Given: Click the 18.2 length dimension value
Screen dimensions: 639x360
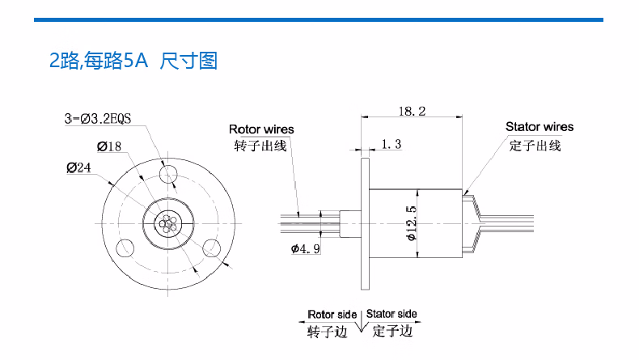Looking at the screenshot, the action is (x=412, y=111).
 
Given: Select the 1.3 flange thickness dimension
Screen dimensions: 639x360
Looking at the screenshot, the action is (x=391, y=144).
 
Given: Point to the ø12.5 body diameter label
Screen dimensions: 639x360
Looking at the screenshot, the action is (x=412, y=223).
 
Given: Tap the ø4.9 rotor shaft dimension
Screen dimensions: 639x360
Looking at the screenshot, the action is (x=305, y=248).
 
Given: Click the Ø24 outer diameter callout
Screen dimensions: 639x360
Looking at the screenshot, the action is (x=78, y=167).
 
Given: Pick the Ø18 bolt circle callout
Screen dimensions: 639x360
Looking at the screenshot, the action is (x=109, y=146).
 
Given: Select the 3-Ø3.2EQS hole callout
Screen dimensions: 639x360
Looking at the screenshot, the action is (x=98, y=119).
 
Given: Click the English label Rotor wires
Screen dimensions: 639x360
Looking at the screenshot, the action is (x=261, y=129).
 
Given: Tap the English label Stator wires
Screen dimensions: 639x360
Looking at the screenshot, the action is (x=540, y=127).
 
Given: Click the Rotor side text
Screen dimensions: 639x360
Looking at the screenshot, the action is (x=332, y=315).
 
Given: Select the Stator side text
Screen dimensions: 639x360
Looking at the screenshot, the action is (x=391, y=314).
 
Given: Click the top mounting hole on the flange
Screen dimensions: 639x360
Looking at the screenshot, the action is (x=168, y=175).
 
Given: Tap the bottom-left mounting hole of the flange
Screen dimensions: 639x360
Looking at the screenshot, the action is (x=125, y=248).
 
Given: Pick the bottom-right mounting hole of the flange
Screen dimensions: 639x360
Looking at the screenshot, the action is (x=211, y=248).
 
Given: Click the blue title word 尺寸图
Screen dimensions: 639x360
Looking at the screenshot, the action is (x=188, y=61).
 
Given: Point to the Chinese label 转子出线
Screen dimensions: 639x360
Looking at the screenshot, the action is (x=260, y=146).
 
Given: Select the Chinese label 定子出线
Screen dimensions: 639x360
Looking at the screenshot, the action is (x=535, y=146).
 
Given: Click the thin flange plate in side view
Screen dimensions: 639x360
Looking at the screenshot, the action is (x=365, y=224).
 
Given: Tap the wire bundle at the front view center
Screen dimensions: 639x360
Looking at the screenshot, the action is (x=168, y=223).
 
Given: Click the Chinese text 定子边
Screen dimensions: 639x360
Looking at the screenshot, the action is (x=392, y=331).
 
